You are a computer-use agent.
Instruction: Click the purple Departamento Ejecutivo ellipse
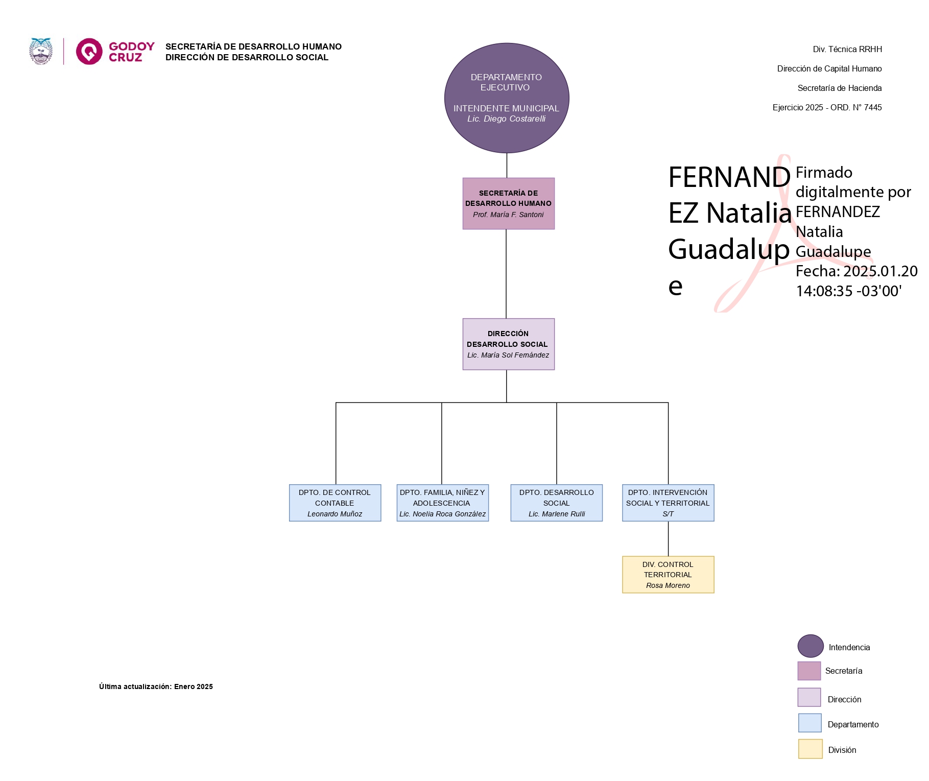506,98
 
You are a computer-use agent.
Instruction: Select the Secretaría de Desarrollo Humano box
508,203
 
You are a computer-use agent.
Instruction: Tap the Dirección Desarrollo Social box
508,344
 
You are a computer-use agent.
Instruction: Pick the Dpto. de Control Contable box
335,503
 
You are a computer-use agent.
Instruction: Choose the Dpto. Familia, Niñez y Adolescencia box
442,503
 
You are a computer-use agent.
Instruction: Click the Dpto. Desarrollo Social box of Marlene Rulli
556,503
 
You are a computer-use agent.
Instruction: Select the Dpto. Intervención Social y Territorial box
668,503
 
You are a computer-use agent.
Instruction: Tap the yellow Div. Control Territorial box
668,574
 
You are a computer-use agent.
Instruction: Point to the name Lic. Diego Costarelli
506,119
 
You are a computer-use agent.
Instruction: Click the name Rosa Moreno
668,585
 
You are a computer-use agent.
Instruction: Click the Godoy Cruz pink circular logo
89,51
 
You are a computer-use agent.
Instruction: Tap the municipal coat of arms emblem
41,51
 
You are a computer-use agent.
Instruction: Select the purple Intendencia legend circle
810,646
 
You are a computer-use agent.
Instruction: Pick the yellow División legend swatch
810,749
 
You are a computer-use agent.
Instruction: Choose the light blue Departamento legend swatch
810,723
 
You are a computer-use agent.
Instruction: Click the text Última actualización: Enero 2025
156,687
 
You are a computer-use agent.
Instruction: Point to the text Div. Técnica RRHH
847,50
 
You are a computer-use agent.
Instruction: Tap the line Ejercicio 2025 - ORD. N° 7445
827,108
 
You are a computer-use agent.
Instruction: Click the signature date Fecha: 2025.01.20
856,271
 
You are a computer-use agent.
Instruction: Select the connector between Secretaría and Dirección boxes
506,274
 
